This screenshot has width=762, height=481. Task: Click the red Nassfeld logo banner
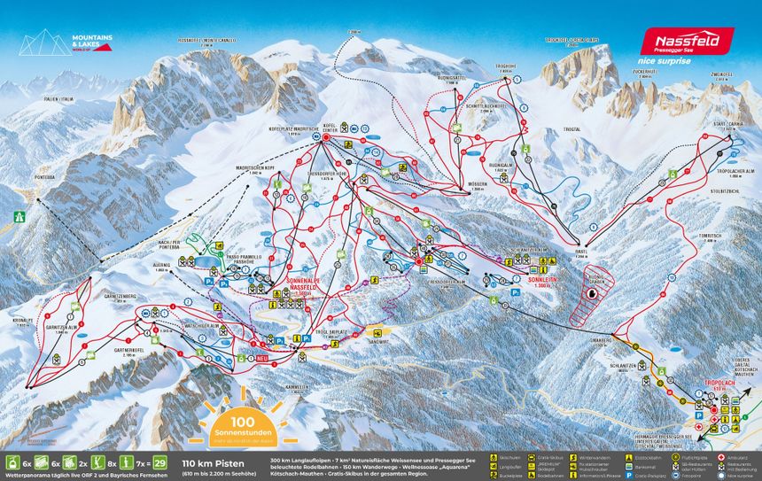click(x=687, y=41)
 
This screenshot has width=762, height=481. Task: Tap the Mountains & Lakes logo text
click(x=91, y=42)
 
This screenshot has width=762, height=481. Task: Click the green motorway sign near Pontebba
click(x=20, y=214)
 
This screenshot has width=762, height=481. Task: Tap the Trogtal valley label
click(x=571, y=129)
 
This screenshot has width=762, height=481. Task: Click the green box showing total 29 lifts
click(x=160, y=462)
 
